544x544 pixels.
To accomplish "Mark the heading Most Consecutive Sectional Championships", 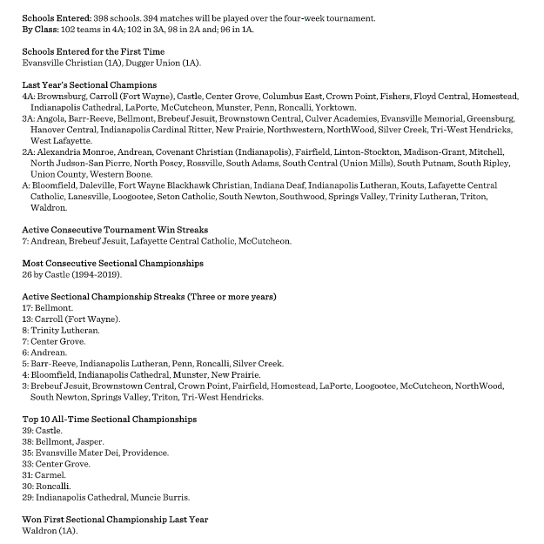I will (112, 263).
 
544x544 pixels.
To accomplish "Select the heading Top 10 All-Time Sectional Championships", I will (109, 419).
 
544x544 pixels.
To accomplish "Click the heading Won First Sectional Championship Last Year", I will (115, 520).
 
